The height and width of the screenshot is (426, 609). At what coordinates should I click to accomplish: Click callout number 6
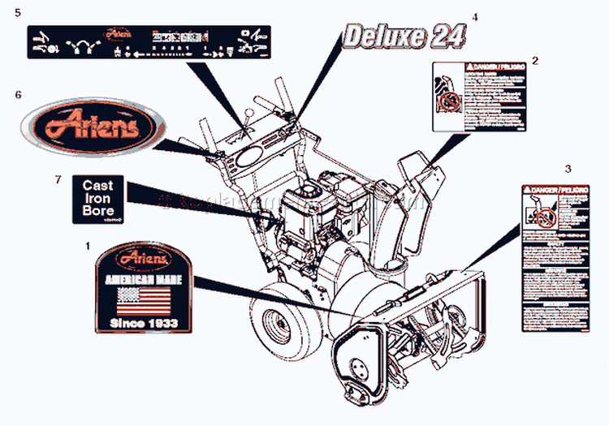18,95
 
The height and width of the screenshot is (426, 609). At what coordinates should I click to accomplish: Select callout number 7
58,179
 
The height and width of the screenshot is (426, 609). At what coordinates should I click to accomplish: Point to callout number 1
88,243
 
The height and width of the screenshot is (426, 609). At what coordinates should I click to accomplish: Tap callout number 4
475,17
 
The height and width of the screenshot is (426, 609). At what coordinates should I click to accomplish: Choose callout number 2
534,61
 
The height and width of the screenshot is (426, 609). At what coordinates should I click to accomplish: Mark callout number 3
568,169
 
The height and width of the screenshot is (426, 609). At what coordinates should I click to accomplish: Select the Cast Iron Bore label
98,198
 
